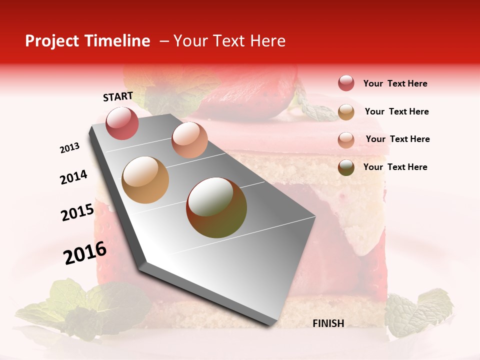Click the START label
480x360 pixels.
click(118, 96)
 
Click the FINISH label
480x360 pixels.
click(328, 323)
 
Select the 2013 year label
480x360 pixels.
click(69, 148)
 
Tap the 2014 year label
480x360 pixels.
click(73, 177)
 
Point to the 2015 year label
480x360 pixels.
click(77, 212)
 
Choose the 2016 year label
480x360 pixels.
click(85, 253)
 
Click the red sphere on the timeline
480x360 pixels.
click(122, 123)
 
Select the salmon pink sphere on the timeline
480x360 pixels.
click(189, 139)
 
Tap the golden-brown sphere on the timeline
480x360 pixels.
click(145, 180)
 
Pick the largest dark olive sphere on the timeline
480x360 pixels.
click(216, 207)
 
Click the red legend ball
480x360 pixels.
click(346, 83)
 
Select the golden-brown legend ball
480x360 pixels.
click(346, 112)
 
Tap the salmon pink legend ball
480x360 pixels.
click(346, 140)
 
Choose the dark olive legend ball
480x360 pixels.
click(346, 167)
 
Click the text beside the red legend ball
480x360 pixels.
click(395, 84)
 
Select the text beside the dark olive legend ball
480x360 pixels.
click(395, 167)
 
